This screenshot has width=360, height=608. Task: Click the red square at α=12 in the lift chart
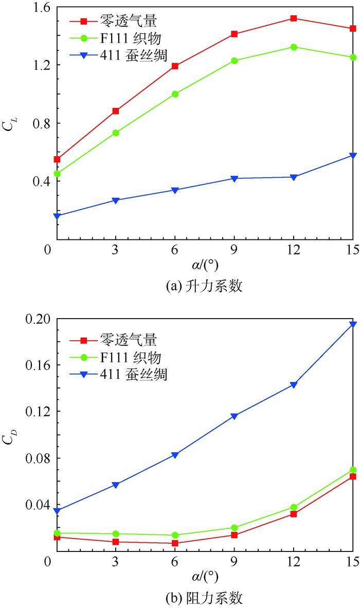(294, 18)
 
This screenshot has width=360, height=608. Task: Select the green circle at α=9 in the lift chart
(235, 61)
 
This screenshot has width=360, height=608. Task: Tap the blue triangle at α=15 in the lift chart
(353, 155)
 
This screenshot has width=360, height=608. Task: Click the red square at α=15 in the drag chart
(353, 476)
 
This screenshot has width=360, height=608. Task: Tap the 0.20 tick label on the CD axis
(34, 319)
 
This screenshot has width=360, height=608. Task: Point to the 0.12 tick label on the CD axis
(34, 412)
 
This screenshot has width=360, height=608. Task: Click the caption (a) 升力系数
(204, 287)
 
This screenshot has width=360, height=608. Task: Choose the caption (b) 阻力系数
(204, 598)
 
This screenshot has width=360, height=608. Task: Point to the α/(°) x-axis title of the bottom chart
(204, 578)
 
